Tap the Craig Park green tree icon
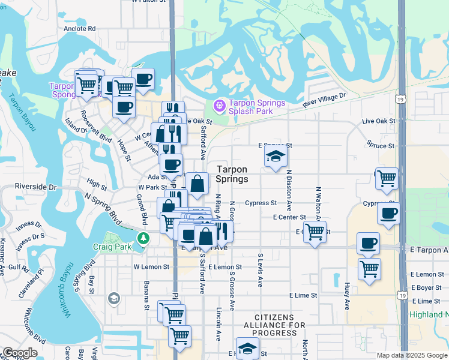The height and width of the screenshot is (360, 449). (x=143, y=239)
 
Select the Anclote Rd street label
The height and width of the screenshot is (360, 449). (x=80, y=28)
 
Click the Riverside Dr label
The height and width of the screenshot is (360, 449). (x=35, y=187)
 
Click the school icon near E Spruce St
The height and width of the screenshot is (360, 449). (x=276, y=157)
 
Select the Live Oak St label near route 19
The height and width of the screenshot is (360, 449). (x=379, y=121)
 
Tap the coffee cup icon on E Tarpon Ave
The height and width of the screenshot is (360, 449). (x=368, y=243)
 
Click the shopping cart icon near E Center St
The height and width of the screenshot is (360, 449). (x=315, y=230)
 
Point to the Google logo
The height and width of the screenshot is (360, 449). (x=20, y=353)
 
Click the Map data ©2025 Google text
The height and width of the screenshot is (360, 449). (x=412, y=355)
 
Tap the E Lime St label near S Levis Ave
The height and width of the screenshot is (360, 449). (x=303, y=295)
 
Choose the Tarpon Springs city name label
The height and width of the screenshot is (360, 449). (x=232, y=174)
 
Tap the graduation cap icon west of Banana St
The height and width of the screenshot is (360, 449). (x=113, y=298)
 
